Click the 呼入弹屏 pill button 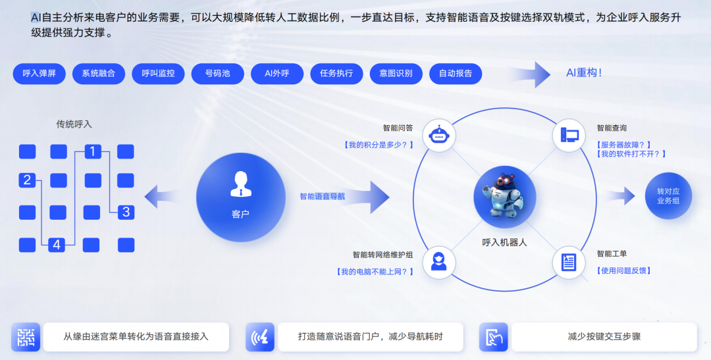pos(39,74)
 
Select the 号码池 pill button pos(217,74)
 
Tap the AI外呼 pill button pos(276,74)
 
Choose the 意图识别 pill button pos(396,74)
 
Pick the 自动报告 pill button pos(456,74)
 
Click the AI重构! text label pos(584,73)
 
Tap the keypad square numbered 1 pos(92,152)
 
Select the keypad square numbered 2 pos(27,180)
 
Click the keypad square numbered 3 pos(126,212)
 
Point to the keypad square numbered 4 pos(57,245)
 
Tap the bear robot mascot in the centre pos(504,195)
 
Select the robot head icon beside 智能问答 pos(438,136)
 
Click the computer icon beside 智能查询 pos(569,136)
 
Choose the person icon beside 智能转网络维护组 pos(438,262)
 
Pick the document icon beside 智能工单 pos(569,263)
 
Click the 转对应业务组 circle pos(668,195)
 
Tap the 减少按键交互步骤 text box pos(604,336)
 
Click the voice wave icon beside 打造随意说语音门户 pos(260,337)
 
